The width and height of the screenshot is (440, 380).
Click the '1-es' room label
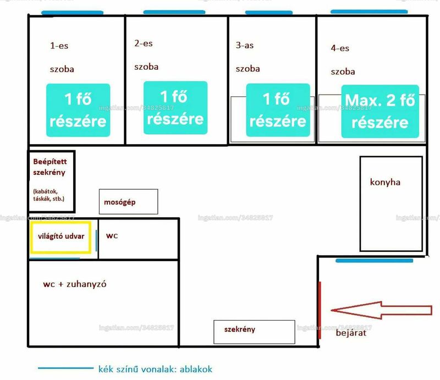(x=59, y=46)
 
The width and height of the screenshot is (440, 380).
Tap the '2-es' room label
(x=144, y=43)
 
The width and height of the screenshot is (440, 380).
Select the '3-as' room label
(x=245, y=45)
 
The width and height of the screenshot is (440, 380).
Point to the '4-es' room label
(x=340, y=48)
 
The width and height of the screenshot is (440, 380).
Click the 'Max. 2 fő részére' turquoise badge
(x=380, y=112)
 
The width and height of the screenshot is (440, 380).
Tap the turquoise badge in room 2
(x=175, y=108)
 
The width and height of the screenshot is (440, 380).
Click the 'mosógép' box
(x=129, y=201)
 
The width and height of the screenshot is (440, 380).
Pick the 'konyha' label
(x=385, y=182)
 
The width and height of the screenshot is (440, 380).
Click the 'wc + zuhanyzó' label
(x=75, y=284)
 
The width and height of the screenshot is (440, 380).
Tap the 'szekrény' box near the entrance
(x=254, y=332)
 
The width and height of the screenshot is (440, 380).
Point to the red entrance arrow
(x=381, y=310)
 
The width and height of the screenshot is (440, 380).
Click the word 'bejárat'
(x=351, y=333)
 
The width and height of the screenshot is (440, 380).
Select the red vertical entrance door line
(x=320, y=310)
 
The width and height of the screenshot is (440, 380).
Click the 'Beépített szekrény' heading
(x=50, y=167)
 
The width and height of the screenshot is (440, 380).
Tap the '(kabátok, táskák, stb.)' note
(x=49, y=195)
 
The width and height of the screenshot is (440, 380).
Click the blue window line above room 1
(x=73, y=13)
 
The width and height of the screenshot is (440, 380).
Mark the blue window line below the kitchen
(x=375, y=261)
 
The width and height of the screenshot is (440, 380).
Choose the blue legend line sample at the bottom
(x=65, y=368)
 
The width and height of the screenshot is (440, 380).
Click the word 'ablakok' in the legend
(x=196, y=369)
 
